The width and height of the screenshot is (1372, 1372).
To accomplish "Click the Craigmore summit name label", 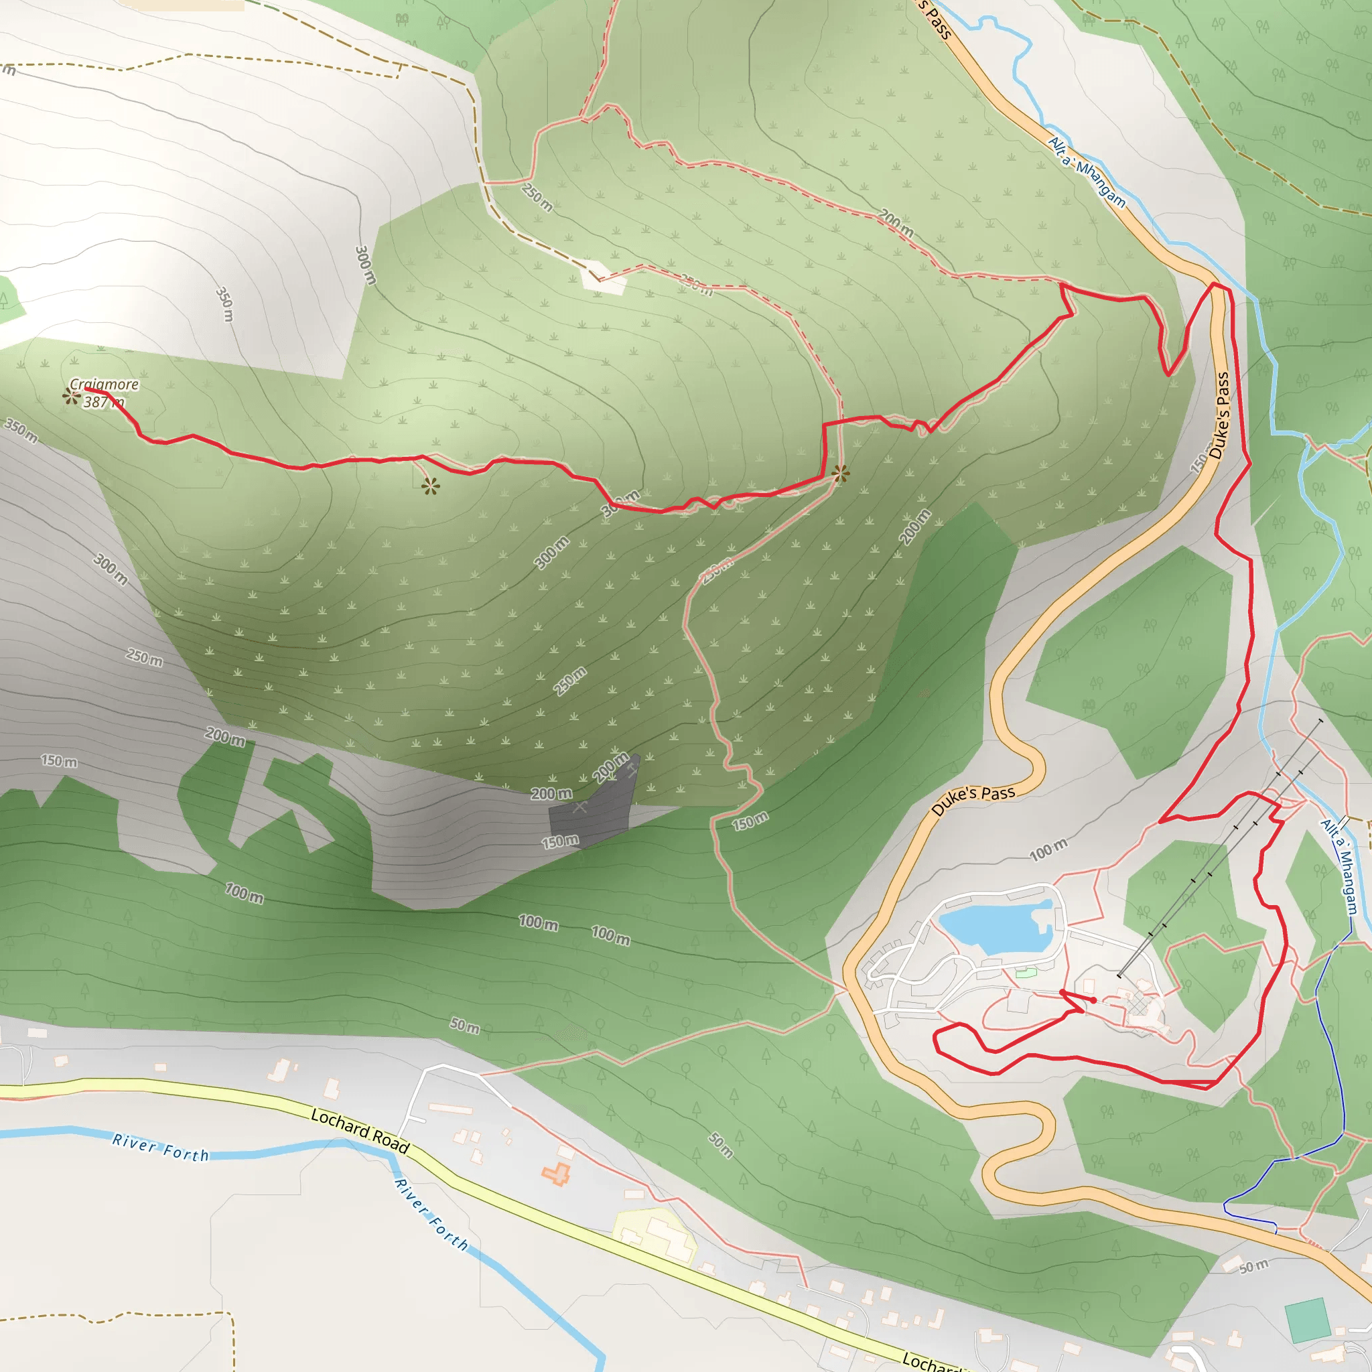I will tap(104, 384).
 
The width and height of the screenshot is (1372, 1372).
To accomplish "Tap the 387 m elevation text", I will tap(104, 402).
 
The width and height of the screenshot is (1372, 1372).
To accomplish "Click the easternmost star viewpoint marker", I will tap(840, 473).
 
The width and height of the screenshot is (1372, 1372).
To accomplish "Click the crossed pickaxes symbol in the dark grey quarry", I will tap(580, 807).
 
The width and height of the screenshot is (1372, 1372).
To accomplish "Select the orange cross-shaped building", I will tap(556, 1174).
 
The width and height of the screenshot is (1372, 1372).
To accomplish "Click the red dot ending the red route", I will tap(1093, 1000).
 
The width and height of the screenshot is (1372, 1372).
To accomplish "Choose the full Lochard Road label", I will tap(360, 1131).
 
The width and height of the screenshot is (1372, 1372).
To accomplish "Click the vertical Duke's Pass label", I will tap(1219, 415).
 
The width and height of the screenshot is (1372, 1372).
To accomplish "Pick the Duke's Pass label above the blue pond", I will tap(973, 800).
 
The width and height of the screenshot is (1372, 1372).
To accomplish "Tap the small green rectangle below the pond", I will tap(1026, 973).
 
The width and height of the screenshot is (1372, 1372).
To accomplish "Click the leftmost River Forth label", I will tap(161, 1148).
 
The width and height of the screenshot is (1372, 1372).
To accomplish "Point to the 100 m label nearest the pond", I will tap(1048, 849).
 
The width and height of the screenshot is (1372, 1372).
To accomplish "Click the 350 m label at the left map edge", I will tap(21, 430).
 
